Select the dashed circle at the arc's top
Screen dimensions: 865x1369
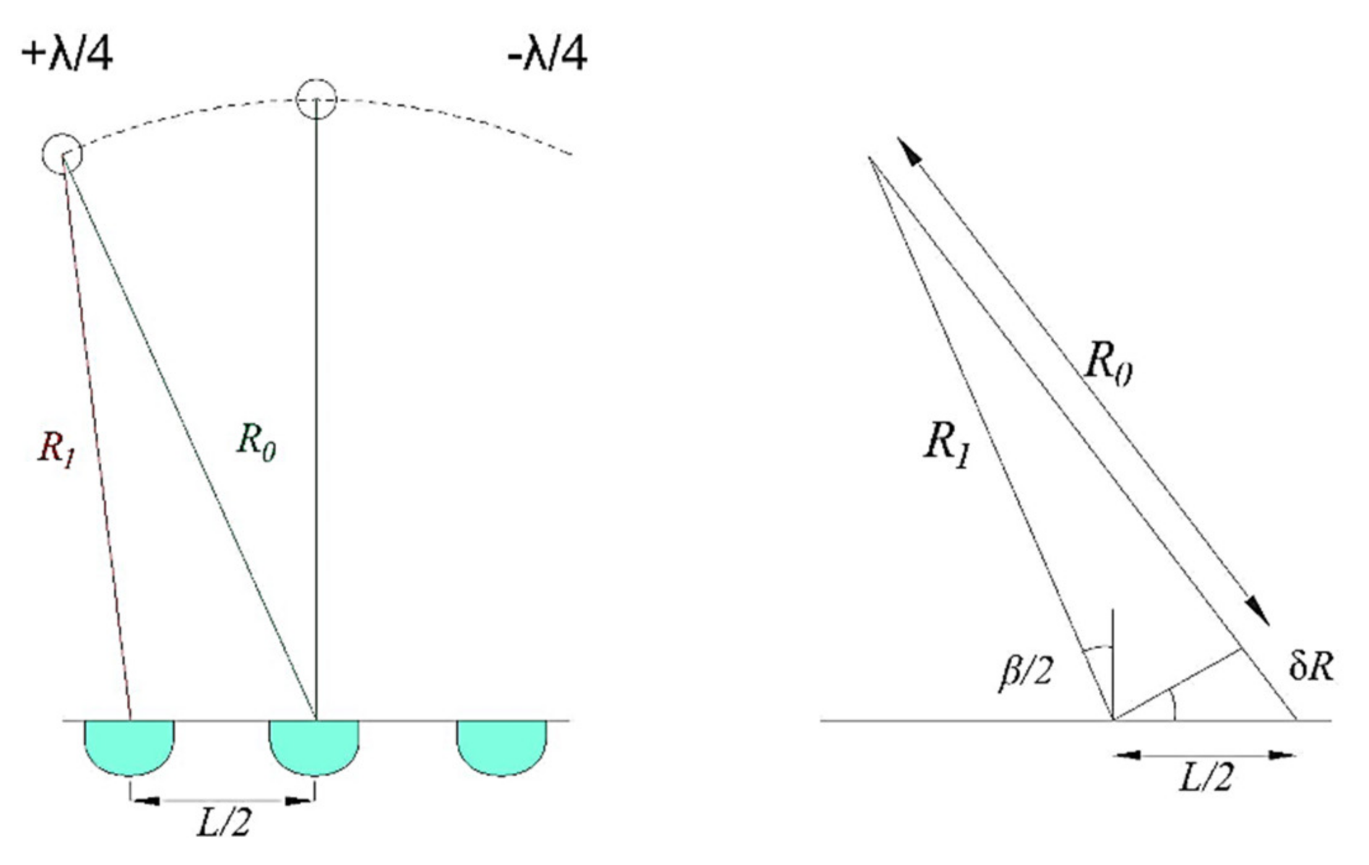click(x=316, y=99)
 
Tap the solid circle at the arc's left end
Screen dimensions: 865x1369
click(x=62, y=153)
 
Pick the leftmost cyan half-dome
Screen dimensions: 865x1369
click(x=130, y=746)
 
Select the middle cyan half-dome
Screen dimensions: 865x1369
click(x=314, y=746)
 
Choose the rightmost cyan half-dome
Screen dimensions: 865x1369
click(x=501, y=746)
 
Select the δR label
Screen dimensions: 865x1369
click(x=1311, y=668)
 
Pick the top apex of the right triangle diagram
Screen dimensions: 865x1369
click(x=870, y=158)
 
